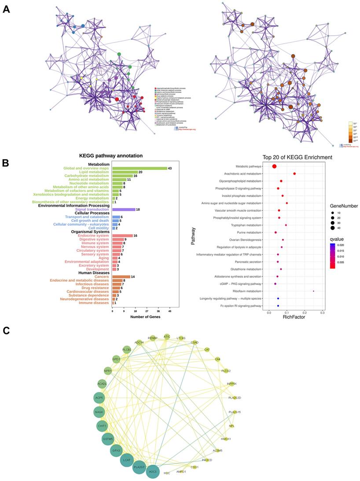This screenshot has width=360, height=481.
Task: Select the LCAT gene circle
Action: tap(127, 461)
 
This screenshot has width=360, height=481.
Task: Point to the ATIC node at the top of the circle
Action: tap(167, 337)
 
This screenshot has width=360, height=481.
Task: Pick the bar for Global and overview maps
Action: tap(140, 168)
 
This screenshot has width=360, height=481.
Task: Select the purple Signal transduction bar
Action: tap(123, 209)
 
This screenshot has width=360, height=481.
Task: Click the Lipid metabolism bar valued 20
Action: tap(125, 172)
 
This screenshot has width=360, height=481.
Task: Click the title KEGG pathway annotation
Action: tap(110, 156)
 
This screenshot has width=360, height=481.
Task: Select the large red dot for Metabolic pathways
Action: tap(274, 166)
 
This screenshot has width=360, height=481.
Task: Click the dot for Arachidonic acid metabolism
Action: tap(294, 174)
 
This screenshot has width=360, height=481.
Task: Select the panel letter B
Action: tap(6, 162)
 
